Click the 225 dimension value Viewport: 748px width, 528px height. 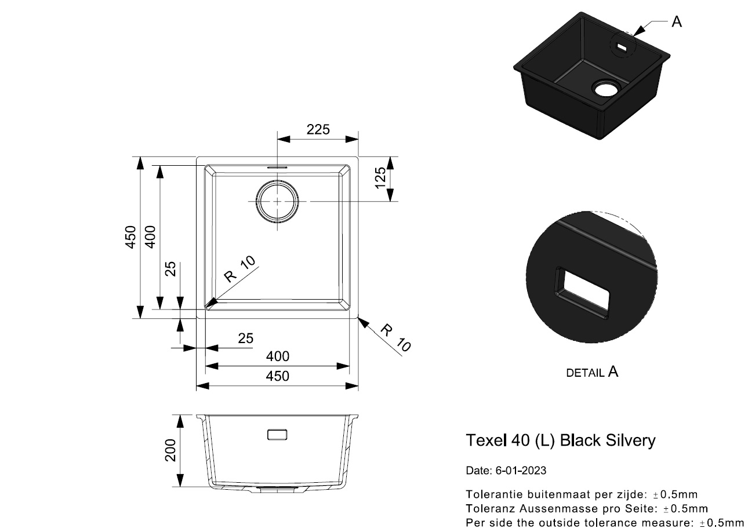tap(318, 129)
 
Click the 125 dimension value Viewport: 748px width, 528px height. tap(380, 179)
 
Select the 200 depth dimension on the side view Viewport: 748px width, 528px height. tap(170, 450)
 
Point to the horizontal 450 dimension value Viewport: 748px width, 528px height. tap(277, 376)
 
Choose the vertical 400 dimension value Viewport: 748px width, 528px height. tap(150, 237)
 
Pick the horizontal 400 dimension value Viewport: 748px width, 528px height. tap(277, 356)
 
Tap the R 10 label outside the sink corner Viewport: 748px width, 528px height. tap(396, 338)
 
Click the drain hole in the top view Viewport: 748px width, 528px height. tap(278, 201)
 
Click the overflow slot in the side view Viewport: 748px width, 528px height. tap(278, 434)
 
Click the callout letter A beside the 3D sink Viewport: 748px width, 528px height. tap(676, 22)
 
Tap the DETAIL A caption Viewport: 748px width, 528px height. tap(592, 372)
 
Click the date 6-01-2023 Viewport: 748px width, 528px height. tap(521, 471)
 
